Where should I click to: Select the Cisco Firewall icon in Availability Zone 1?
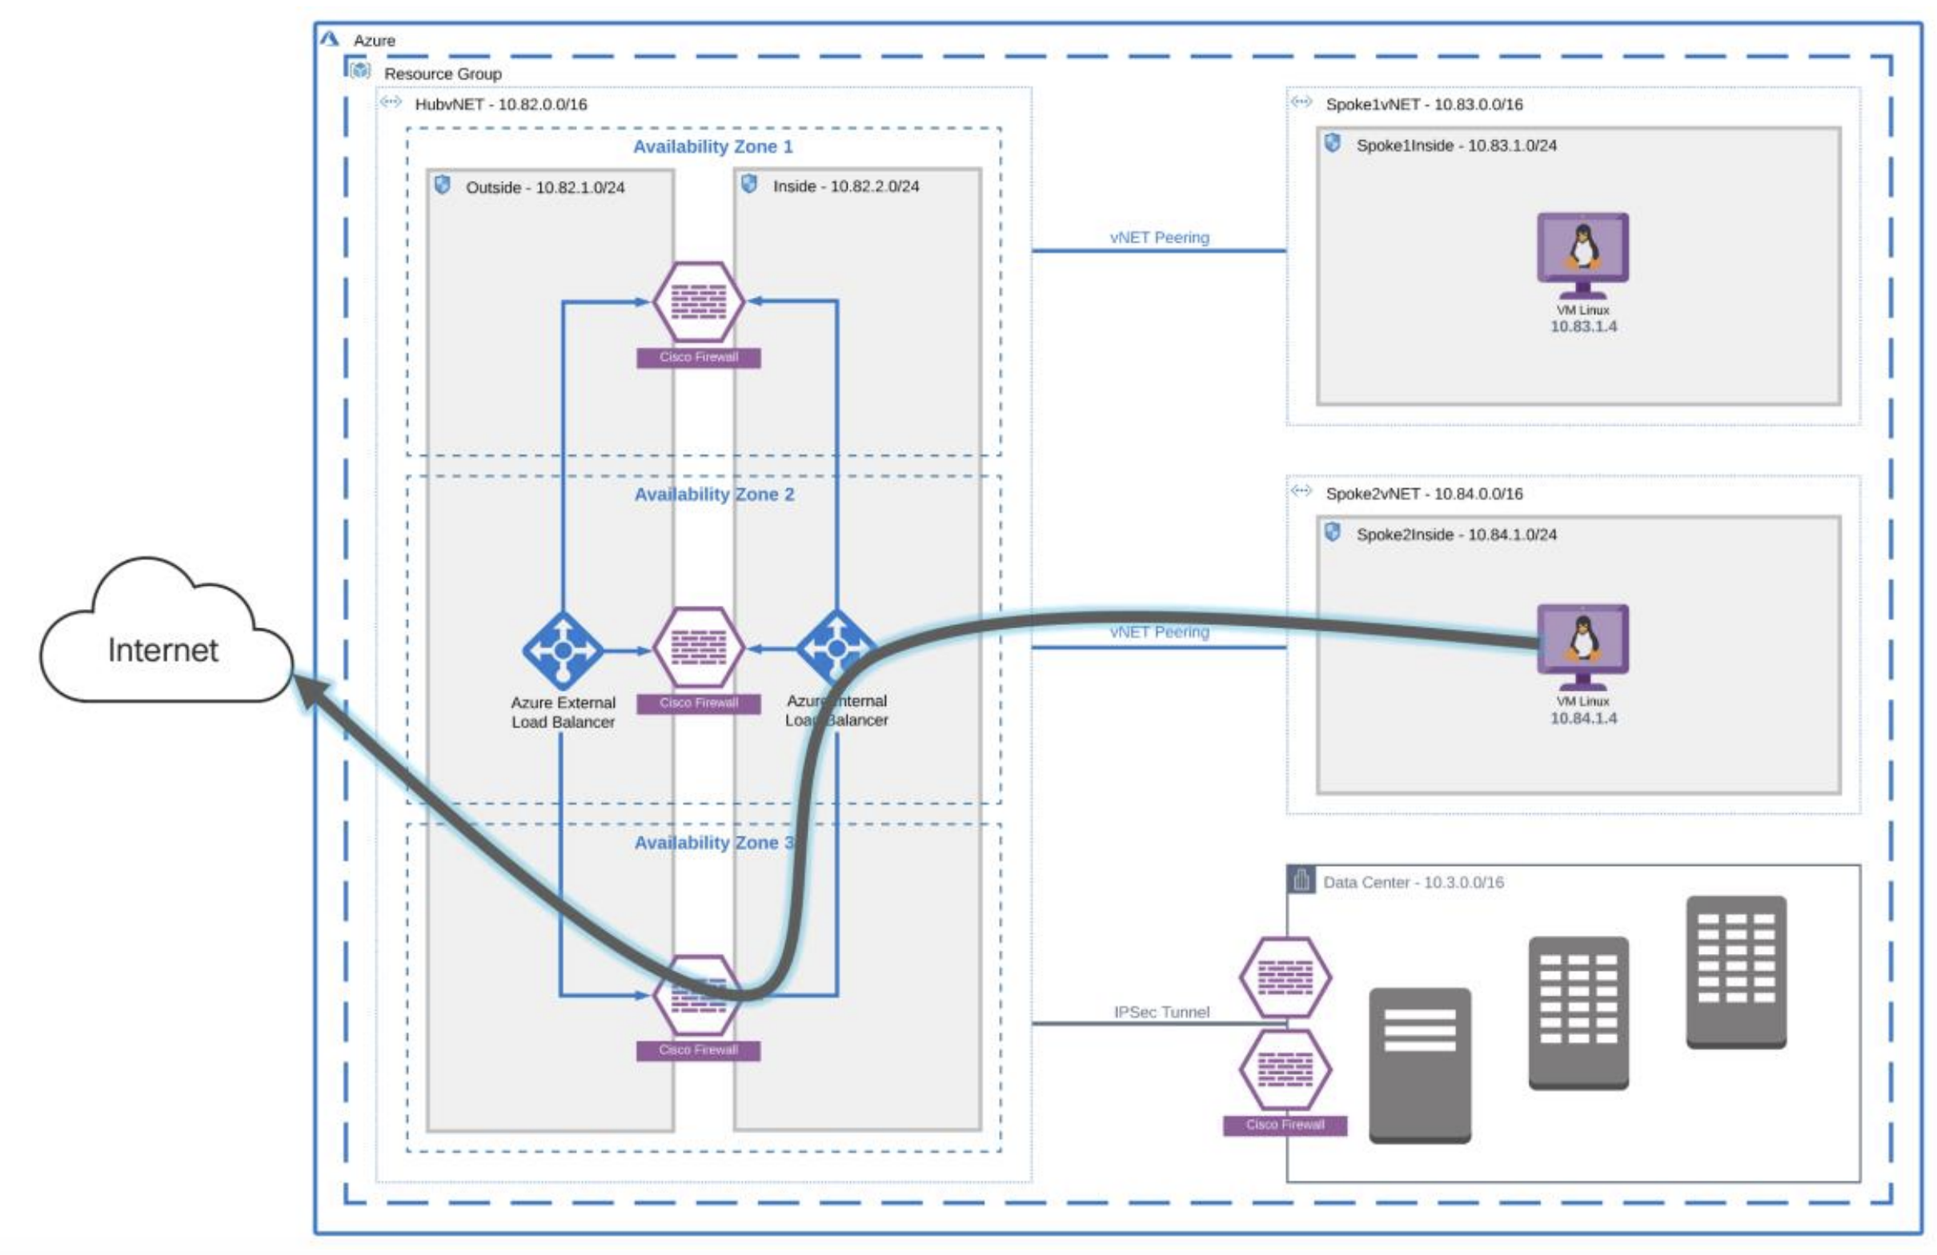coord(698,301)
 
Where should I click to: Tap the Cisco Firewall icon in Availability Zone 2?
coord(698,648)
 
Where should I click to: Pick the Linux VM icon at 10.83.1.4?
coord(1582,255)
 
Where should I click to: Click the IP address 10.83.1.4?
coord(1583,327)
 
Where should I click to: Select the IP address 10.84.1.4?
coord(1583,718)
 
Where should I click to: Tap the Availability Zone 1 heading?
coord(712,146)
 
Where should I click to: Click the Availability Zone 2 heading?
coord(714,494)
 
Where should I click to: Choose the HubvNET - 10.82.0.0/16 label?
coord(500,104)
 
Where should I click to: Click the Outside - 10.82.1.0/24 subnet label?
coord(544,187)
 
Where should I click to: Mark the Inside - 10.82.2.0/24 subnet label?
coord(845,186)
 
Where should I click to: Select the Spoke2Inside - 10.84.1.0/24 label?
coord(1456,535)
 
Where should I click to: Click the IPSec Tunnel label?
coord(1161,1012)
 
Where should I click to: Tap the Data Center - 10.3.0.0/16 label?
coord(1413,882)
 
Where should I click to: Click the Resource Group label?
coord(443,74)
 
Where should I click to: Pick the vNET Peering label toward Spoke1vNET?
coord(1159,238)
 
